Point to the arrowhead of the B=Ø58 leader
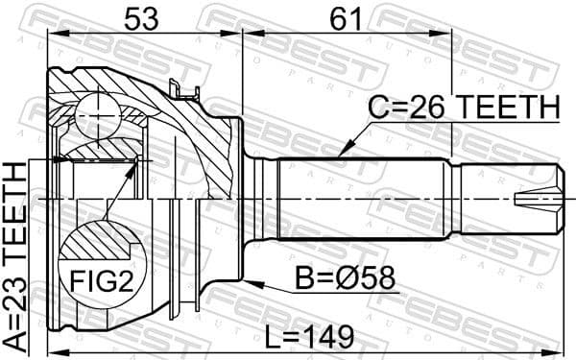248,283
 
